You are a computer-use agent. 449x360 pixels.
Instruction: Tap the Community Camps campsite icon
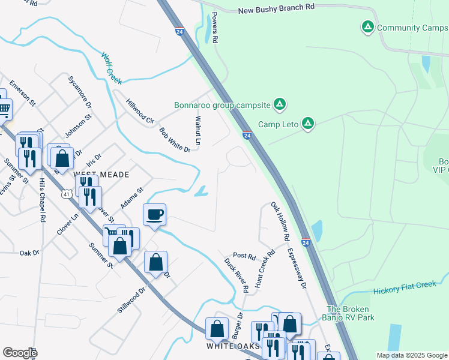point(367,27)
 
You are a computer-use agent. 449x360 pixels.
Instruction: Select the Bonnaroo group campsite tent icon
point(279,105)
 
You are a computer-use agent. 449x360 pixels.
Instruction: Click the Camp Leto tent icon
point(307,124)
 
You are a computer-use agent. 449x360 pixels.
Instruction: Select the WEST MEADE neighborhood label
point(101,174)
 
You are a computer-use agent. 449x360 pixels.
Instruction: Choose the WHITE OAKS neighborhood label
point(234,346)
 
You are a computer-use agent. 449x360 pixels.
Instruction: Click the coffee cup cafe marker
point(155,214)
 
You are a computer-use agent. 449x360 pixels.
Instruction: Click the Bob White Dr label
point(175,139)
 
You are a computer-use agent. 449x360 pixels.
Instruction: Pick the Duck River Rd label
point(237,275)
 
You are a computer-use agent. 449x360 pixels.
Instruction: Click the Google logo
point(19,352)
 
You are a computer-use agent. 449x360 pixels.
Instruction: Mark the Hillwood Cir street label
point(140,112)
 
